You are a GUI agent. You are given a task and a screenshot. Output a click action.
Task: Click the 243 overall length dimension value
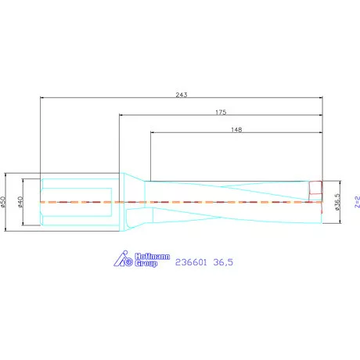[x=182, y=95]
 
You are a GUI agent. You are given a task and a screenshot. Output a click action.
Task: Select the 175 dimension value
[x=221, y=112]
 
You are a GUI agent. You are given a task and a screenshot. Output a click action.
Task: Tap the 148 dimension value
[x=236, y=130]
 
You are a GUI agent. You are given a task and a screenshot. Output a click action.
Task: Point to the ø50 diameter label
[x=3, y=202]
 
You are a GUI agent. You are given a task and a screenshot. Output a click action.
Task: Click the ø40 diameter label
[x=20, y=202]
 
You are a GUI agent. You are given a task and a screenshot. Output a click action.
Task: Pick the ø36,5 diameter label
[x=337, y=202]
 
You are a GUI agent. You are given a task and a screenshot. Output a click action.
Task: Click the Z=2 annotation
[x=357, y=202]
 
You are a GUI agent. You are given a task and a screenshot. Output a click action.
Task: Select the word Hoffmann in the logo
[x=152, y=257]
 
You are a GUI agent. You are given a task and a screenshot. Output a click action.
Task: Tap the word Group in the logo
[x=146, y=263]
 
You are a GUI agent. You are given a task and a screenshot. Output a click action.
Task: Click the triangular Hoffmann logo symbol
[x=123, y=259]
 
